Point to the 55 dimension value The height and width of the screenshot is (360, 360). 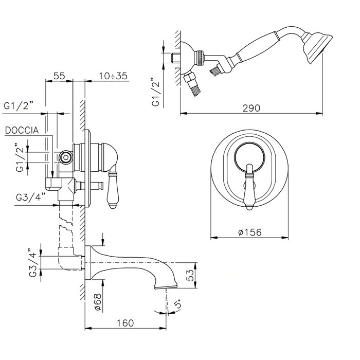click(x=59, y=76)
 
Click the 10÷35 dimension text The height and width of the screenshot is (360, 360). click(x=113, y=76)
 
